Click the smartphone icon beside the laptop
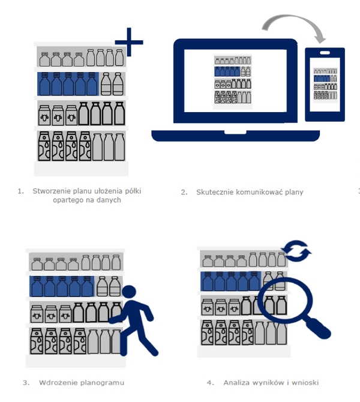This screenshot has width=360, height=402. [x=325, y=84]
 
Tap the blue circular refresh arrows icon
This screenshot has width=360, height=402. [x=296, y=251]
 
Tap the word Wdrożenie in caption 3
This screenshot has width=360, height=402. [x=56, y=382]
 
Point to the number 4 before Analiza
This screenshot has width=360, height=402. [x=209, y=382]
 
